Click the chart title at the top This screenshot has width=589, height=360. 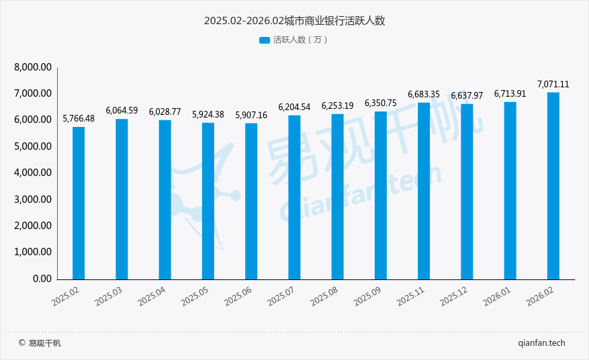(294, 21)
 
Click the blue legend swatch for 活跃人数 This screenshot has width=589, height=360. (264, 40)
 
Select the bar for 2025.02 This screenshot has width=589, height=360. (79, 203)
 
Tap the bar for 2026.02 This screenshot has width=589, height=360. (553, 185)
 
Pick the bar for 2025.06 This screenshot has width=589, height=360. (251, 201)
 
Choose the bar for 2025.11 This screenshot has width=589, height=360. (424, 191)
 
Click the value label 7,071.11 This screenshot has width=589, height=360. (553, 84)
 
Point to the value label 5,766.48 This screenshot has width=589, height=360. (79, 119)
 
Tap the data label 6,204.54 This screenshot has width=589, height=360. (294, 107)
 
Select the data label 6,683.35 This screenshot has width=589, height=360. (424, 95)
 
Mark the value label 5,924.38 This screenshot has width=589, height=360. (208, 114)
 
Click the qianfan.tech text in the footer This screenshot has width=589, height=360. (541, 343)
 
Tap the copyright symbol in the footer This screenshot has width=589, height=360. (21, 343)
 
